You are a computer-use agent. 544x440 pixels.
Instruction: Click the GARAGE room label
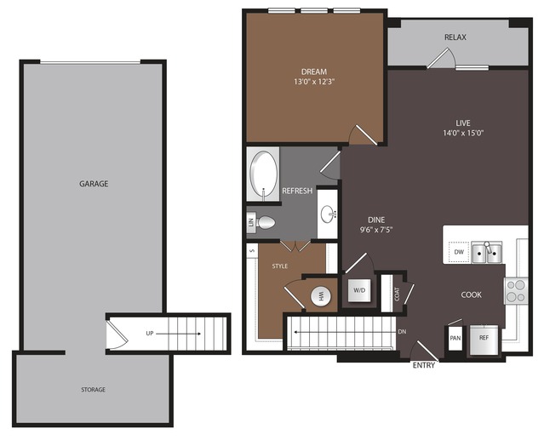94,184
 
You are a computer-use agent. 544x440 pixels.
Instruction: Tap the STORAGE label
93,390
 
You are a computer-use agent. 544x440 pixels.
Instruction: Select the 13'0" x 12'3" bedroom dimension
314,83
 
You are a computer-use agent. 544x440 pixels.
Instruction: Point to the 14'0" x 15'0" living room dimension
463,133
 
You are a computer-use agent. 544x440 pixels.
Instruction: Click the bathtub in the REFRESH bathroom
264,174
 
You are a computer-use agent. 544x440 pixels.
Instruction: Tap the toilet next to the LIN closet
266,222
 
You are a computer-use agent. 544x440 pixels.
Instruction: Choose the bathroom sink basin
328,214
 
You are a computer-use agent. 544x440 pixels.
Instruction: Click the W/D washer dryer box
359,290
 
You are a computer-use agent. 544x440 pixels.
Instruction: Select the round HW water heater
321,296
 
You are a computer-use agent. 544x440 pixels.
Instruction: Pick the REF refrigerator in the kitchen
484,340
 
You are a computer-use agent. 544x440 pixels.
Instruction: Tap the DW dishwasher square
459,252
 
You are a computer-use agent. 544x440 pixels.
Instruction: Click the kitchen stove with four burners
516,291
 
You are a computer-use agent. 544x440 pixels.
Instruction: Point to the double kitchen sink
487,253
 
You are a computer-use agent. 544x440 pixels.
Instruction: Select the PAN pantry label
455,338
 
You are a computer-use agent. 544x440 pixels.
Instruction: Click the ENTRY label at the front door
424,365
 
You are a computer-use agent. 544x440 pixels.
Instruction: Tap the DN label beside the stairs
402,332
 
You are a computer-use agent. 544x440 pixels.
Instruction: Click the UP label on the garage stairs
150,334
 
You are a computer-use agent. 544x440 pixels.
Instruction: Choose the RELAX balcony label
455,37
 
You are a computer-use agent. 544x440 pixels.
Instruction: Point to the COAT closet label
398,294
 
